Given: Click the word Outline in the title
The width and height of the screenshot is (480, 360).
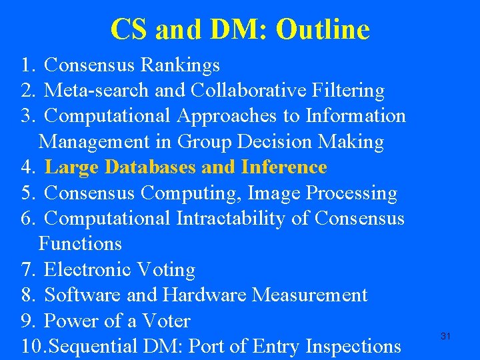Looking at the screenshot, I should pos(323,29).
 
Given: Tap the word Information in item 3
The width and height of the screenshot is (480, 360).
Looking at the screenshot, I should pos(355,116).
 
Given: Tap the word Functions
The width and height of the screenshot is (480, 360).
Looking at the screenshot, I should pos(80,244).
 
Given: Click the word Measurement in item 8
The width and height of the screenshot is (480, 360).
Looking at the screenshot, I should pos(321,295).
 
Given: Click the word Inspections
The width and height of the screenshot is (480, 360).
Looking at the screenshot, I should pos(353,347).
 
